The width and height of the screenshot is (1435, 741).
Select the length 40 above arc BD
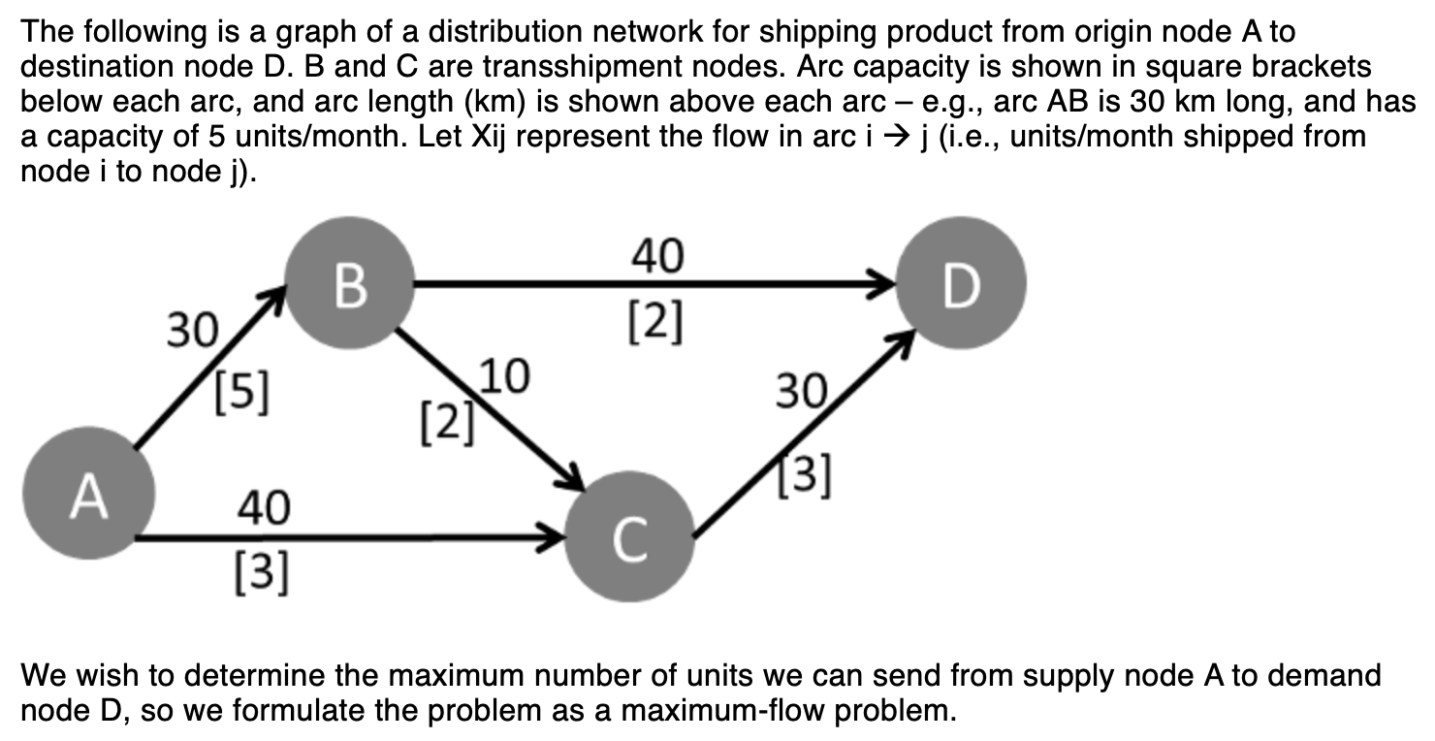pos(656,257)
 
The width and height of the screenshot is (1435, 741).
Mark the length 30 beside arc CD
pos(801,394)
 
